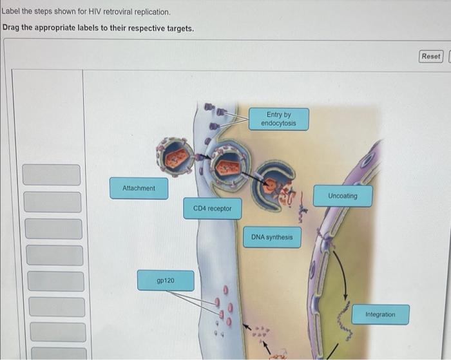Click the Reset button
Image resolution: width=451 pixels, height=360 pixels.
[431, 56]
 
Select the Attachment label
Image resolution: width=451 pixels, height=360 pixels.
[139, 188]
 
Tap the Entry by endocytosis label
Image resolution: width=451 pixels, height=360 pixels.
[278, 119]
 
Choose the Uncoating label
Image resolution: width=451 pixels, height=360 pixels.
[342, 196]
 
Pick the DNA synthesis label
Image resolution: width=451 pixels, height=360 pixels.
[271, 237]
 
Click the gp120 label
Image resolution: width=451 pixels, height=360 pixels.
[166, 281]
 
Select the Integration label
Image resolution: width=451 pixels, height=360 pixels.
[380, 314]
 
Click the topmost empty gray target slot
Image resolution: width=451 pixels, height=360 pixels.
[52, 175]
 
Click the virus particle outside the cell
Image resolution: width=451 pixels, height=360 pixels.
[175, 155]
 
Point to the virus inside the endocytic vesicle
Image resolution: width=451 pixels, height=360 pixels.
[227, 166]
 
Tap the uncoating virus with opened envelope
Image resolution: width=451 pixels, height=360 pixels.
[273, 185]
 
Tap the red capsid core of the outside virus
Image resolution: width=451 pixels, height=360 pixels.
[176, 156]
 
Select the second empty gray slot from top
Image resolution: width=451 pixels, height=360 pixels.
[53, 202]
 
